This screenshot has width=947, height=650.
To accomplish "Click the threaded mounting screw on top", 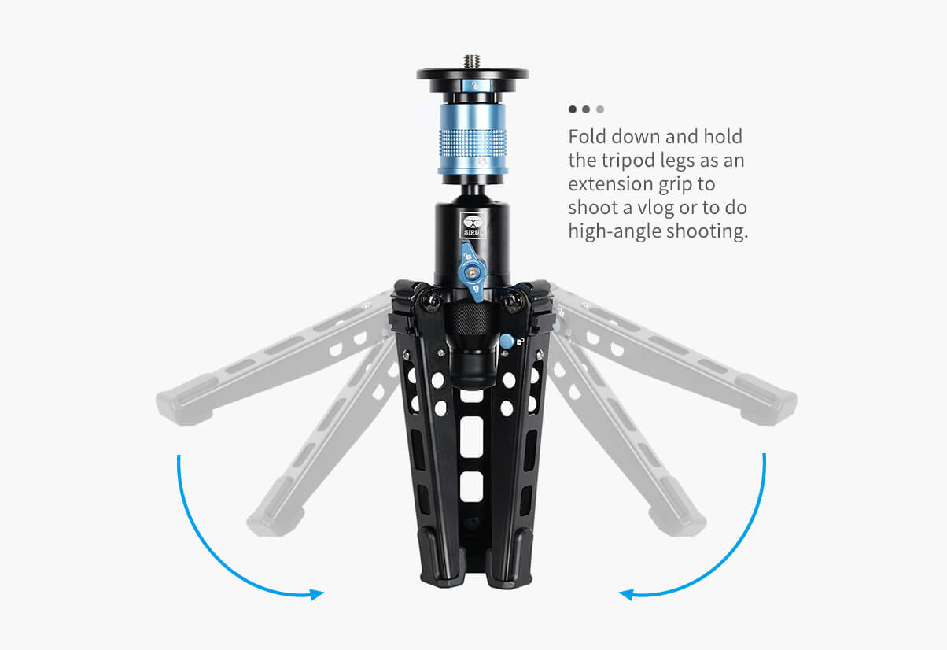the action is (472, 61).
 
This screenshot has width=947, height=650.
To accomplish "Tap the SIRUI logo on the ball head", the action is (473, 225).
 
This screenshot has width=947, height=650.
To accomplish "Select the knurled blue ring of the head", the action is (473, 139).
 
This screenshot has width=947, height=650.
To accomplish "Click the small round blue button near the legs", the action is (507, 342).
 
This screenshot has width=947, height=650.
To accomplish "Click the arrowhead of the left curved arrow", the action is (316, 594).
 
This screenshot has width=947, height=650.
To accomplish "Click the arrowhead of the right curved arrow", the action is (627, 594).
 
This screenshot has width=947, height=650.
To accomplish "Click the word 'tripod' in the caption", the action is (628, 161).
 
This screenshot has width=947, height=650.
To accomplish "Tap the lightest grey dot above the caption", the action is (600, 109).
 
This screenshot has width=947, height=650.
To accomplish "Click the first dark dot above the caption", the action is (573, 109).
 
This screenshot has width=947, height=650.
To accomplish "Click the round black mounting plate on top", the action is (472, 75).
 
